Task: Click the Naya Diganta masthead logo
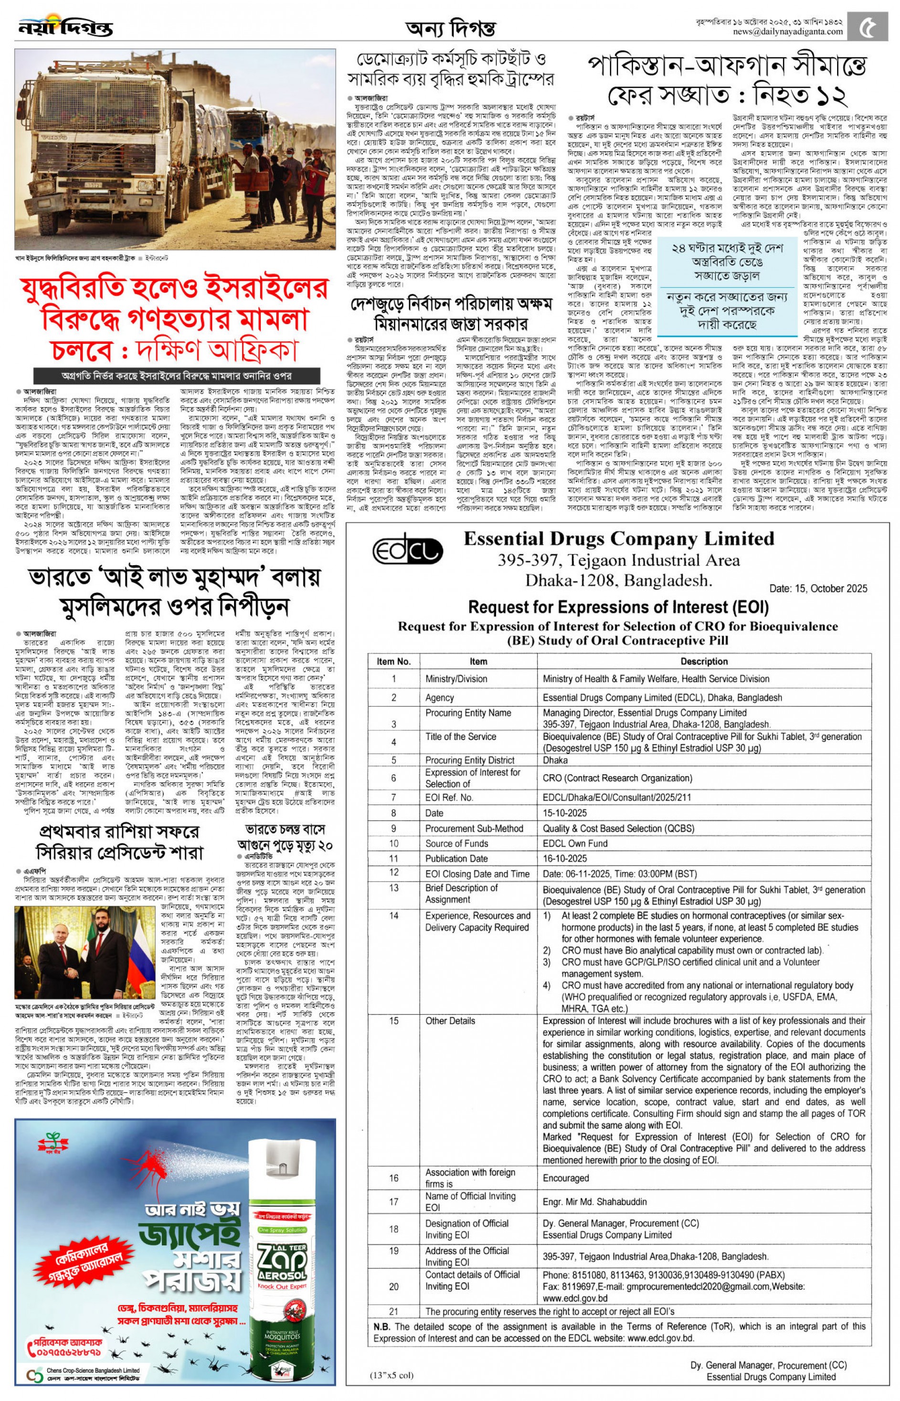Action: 65,27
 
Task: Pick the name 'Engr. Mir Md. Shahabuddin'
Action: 595,1202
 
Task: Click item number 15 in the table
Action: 393,1021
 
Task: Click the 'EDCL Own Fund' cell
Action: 575,843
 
